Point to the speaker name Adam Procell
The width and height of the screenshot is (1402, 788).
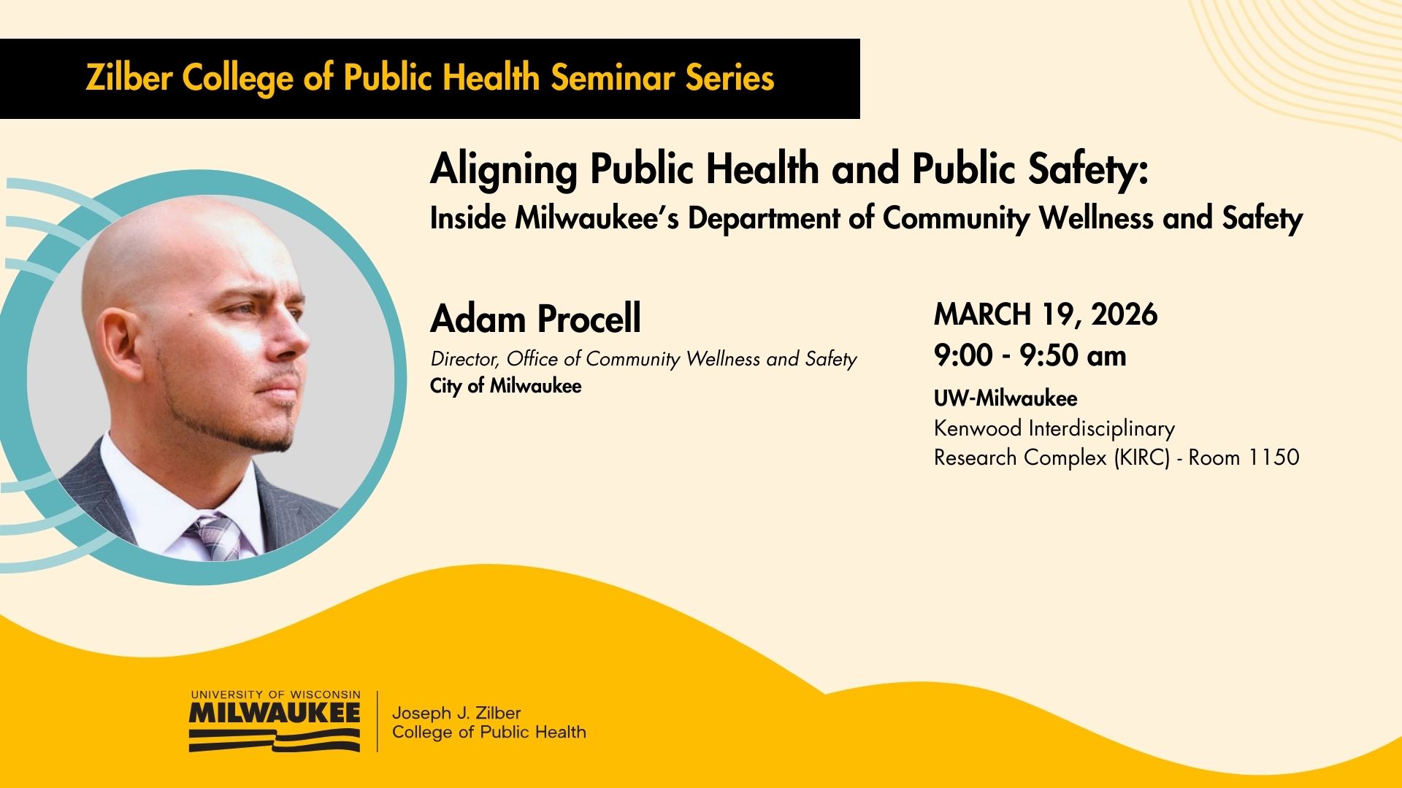[536, 319]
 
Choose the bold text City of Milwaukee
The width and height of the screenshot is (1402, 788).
[506, 386]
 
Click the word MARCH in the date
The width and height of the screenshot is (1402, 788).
[982, 314]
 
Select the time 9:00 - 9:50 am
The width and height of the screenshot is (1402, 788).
[1030, 356]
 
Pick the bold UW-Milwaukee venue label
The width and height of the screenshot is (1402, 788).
[1005, 398]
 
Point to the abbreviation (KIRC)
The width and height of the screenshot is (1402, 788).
[1142, 457]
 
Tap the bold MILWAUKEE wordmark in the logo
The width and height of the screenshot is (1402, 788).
[275, 713]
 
